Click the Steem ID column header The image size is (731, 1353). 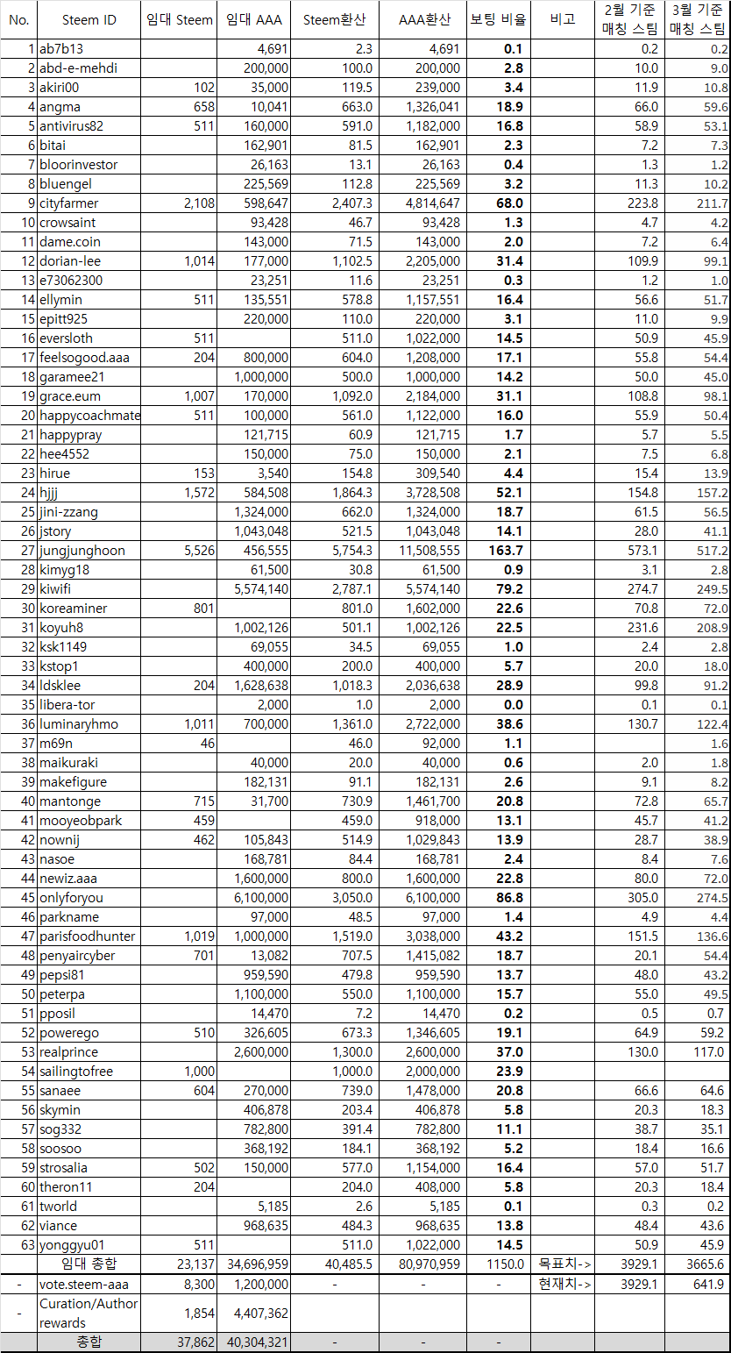tap(89, 20)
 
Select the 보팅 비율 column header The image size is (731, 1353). tap(498, 20)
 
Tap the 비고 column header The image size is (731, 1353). tap(562, 20)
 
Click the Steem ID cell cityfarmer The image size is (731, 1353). tap(69, 203)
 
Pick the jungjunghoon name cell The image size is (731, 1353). tap(82, 551)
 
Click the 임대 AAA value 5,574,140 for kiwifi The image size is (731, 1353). tap(256, 589)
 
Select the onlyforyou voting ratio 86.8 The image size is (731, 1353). tap(508, 898)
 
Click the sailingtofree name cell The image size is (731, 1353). tap(77, 1072)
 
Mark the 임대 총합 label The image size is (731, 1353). tap(89, 1264)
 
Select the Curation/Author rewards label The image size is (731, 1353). tap(89, 1313)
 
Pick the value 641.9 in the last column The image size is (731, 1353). tap(709, 1284)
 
